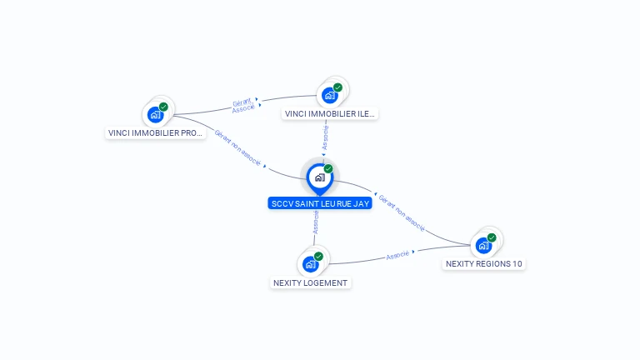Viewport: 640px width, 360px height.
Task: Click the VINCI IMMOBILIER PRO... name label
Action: click(x=155, y=133)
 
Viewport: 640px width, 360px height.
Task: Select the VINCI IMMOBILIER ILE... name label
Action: click(x=330, y=114)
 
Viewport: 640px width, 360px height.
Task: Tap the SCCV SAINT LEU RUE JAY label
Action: click(x=320, y=203)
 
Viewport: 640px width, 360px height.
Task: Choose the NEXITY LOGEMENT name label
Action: click(x=310, y=282)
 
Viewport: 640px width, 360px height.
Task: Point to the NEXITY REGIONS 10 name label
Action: click(x=483, y=263)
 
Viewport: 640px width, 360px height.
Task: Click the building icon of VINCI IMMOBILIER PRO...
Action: click(x=156, y=115)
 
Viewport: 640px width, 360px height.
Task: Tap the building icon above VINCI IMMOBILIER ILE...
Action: click(x=330, y=96)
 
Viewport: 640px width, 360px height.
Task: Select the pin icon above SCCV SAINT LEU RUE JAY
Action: click(x=320, y=179)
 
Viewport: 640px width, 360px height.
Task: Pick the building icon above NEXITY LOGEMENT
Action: click(x=311, y=264)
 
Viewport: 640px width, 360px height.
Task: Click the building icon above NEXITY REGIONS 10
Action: click(x=483, y=246)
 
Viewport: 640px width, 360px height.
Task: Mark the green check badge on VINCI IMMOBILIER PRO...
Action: click(x=163, y=107)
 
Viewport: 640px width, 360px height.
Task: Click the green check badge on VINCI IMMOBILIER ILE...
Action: click(x=337, y=87)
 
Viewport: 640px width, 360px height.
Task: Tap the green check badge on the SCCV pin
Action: click(x=328, y=168)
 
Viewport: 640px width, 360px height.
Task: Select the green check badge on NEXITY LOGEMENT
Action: click(x=318, y=257)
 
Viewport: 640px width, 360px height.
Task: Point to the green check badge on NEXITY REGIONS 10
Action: click(x=492, y=237)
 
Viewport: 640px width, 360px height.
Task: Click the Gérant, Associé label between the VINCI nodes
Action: click(x=242, y=105)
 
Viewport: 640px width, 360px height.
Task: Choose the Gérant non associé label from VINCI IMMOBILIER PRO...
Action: click(x=237, y=147)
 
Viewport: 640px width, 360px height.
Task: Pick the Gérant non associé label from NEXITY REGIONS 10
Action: click(x=402, y=212)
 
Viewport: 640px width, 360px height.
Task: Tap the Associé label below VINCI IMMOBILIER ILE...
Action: click(x=325, y=137)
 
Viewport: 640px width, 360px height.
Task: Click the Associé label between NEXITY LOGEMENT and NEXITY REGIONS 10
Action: click(x=397, y=255)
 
